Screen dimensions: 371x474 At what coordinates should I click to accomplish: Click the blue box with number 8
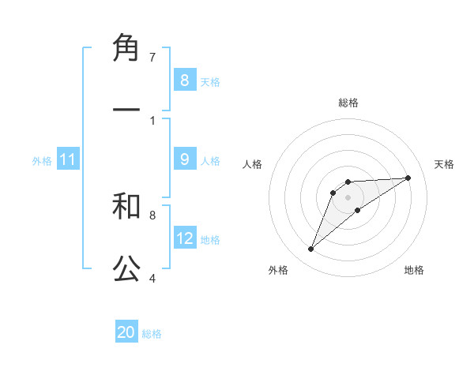point(184,80)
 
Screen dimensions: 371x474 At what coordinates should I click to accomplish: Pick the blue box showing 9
point(184,159)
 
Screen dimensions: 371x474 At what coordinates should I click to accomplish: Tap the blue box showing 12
point(185,238)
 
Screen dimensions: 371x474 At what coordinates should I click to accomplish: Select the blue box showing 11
point(68,159)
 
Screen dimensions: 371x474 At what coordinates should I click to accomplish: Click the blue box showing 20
point(126,332)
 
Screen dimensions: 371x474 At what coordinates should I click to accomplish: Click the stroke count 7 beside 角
point(152,58)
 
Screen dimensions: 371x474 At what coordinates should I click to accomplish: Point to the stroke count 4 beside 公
point(152,278)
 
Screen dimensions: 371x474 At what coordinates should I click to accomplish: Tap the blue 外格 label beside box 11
point(42,161)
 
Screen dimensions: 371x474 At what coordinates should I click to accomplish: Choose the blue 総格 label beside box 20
point(152,334)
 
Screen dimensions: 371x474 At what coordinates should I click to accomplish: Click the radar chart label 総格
point(348,103)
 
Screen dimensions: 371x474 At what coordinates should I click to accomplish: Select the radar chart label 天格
point(445,164)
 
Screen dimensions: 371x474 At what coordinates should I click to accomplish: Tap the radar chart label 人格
point(253,164)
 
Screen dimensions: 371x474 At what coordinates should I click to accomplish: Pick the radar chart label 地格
point(414,270)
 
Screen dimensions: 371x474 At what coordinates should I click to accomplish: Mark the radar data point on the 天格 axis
point(408,178)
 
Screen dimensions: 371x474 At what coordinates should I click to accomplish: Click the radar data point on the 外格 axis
point(310,249)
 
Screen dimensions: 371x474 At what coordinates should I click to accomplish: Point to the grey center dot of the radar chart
point(348,197)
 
